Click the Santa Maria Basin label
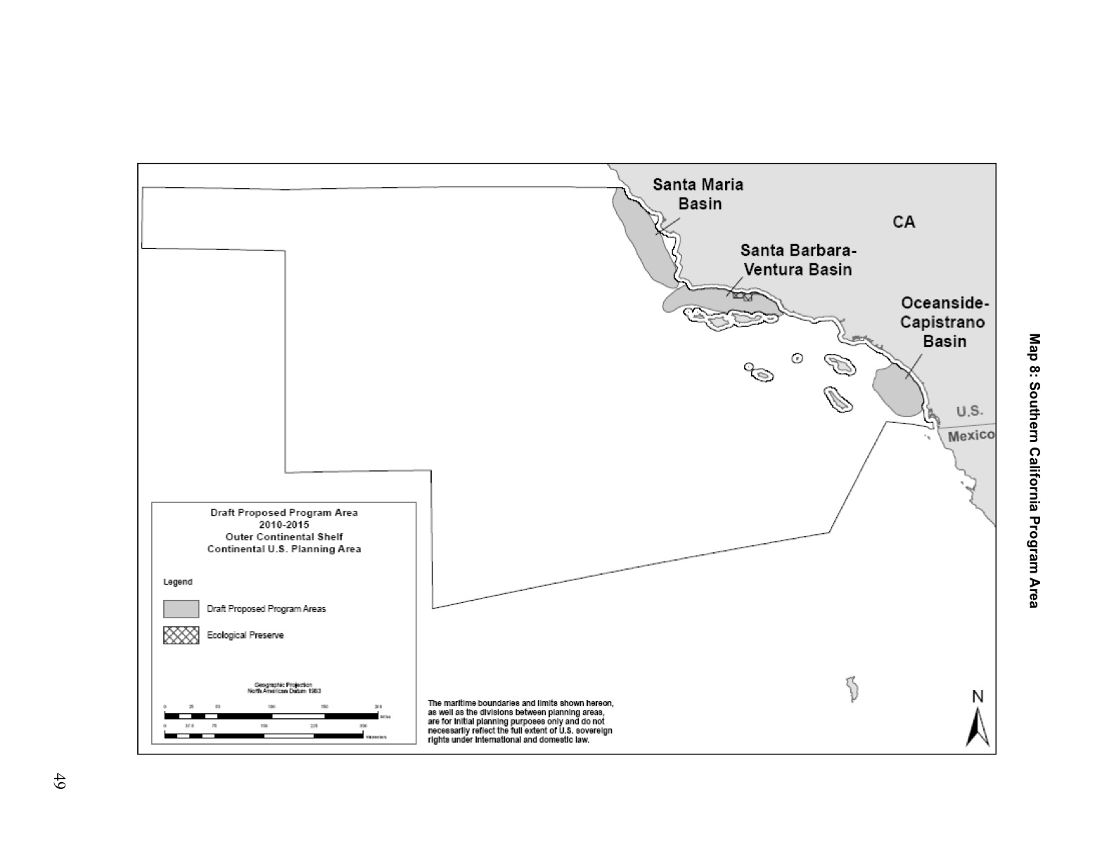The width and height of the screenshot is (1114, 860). (698, 194)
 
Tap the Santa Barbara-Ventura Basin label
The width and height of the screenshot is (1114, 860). (798, 260)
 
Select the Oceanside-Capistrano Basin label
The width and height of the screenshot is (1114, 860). (944, 322)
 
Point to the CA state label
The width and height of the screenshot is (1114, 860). (904, 222)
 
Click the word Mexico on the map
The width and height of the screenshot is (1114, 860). (971, 436)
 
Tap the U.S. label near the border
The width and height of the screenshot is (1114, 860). (969, 412)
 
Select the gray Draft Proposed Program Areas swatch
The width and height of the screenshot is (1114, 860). (181, 608)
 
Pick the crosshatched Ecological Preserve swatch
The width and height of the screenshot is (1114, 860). (181, 635)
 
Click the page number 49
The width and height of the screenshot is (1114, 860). (59, 781)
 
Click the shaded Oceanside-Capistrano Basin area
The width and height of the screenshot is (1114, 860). (897, 391)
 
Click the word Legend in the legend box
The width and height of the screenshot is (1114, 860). (178, 582)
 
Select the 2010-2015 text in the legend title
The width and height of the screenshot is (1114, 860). (283, 525)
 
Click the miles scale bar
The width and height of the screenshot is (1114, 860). (271, 716)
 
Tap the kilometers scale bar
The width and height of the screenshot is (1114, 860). (264, 736)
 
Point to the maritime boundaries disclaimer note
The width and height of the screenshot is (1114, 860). (520, 721)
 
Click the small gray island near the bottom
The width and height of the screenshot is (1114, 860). (852, 689)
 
